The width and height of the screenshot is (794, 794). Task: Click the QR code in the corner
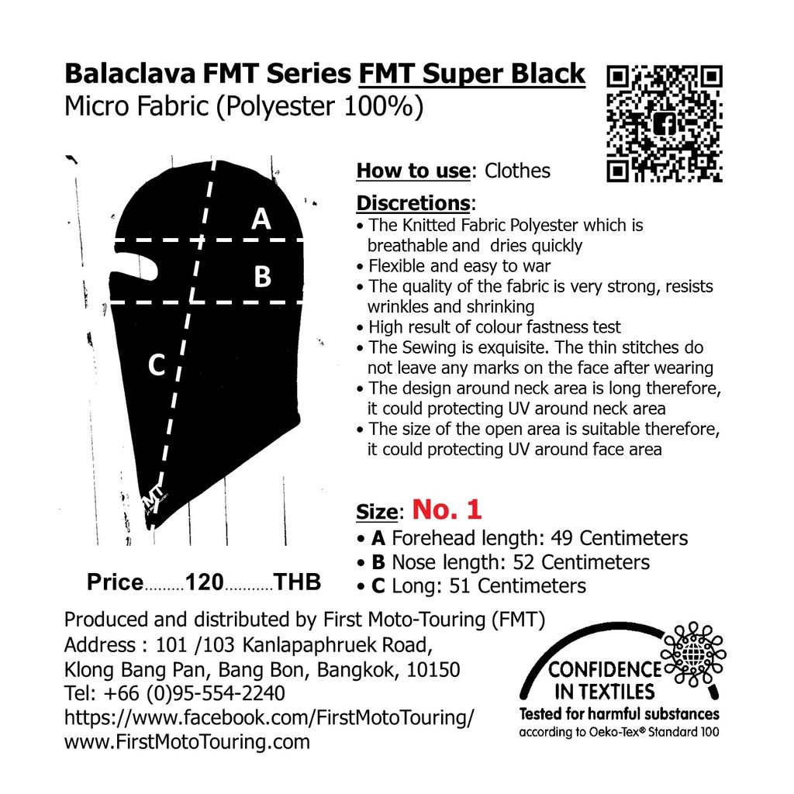[x=665, y=123]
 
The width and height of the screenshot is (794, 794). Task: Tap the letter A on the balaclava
[x=261, y=219]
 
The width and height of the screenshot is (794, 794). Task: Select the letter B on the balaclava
[x=262, y=277]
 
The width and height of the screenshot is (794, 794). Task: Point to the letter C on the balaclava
[x=157, y=364]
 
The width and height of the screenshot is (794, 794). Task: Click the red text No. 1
[x=447, y=509]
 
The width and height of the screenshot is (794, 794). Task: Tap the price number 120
[x=205, y=582]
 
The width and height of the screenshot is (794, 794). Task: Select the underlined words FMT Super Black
[x=472, y=74]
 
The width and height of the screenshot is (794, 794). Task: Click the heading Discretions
[x=413, y=203]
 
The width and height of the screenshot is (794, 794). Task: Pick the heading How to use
[x=413, y=171]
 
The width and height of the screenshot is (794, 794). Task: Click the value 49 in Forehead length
[x=562, y=538]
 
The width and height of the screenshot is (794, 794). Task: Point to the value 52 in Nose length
[x=524, y=562]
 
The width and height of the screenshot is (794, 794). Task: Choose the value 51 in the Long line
[x=460, y=586]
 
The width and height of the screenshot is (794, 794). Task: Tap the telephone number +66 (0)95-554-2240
[x=194, y=693]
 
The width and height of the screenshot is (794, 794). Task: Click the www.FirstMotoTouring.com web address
[x=187, y=742]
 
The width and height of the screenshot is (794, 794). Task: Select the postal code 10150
[x=433, y=670]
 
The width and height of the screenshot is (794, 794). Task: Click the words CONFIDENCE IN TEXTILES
[x=605, y=681]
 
